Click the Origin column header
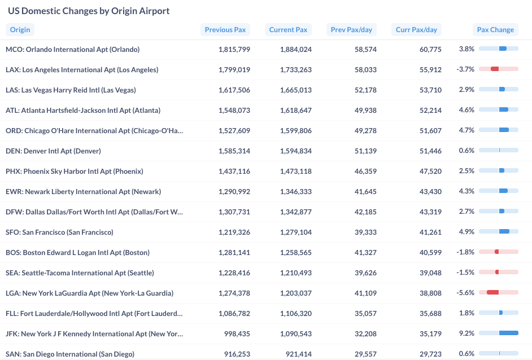point(20,30)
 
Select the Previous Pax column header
point(225,30)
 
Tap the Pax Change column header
point(495,30)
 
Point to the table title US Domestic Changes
point(89,11)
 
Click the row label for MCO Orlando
point(72,50)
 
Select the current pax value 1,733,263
point(295,70)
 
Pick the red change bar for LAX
point(495,69)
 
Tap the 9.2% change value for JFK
point(466,333)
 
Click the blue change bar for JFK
point(508,333)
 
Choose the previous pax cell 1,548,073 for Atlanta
point(234,111)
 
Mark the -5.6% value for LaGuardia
point(465,293)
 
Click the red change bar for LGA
point(492,292)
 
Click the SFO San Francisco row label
point(59,232)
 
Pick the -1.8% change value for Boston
point(465,252)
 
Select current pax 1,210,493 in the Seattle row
point(295,273)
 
